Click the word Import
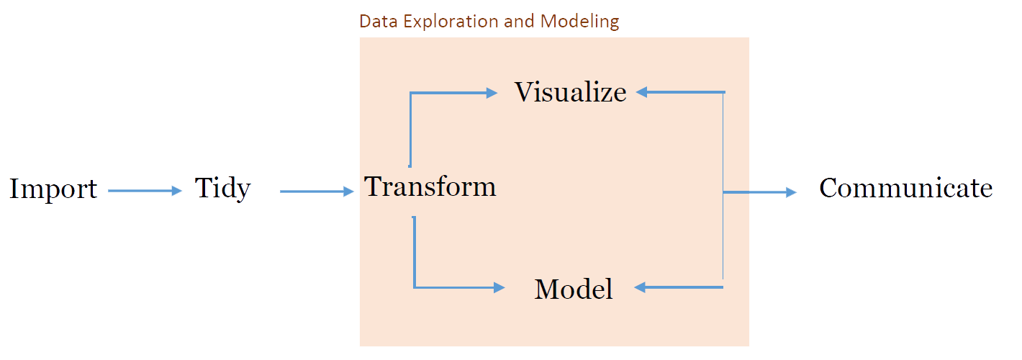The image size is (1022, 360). tap(53, 189)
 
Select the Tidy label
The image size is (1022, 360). tap(223, 189)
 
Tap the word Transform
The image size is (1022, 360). tap(430, 186)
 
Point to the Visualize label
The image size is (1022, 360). tap(570, 92)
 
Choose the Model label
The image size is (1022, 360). tap(574, 289)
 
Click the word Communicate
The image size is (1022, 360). tap(905, 188)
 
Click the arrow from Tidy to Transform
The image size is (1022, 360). tap(317, 192)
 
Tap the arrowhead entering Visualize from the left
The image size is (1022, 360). tap(492, 92)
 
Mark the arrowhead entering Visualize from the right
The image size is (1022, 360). tap(643, 92)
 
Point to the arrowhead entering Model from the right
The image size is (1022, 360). tap(641, 288)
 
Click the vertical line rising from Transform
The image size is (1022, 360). tap(410, 130)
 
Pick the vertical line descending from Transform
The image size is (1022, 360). tap(414, 252)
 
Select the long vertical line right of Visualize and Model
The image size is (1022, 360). tap(723, 187)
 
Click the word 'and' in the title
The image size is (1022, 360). tap(520, 21)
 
